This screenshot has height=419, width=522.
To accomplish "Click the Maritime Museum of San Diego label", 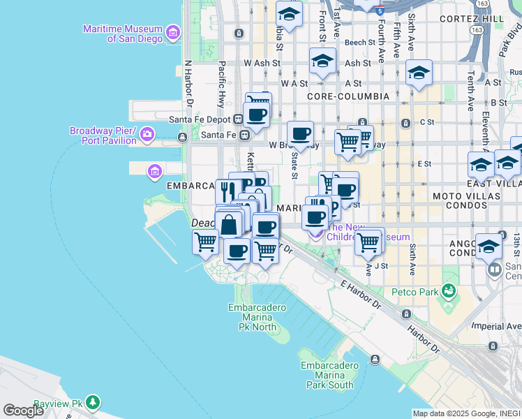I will pyautogui.click(x=122, y=34).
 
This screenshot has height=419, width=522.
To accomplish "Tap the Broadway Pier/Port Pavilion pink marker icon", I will pyautogui.click(x=147, y=133).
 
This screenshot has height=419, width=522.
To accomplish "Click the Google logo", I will pyautogui.click(x=23, y=411).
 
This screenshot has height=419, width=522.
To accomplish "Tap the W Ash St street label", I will pyautogui.click(x=262, y=63).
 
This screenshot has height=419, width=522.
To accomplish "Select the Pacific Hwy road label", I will pyautogui.click(x=221, y=83).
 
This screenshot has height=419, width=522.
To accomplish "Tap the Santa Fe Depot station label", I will pyautogui.click(x=203, y=119).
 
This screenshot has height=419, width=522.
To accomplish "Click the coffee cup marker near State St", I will pyautogui.click(x=301, y=133).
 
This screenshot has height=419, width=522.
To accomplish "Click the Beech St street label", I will pyautogui.click(x=360, y=43).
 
